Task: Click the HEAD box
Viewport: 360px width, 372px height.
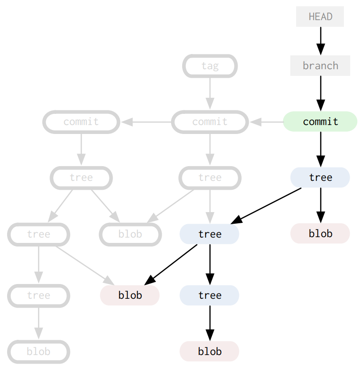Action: (320, 17)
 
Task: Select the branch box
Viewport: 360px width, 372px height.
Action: (320, 66)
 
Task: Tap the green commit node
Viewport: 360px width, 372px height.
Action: (320, 121)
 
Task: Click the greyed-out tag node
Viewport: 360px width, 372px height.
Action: (209, 66)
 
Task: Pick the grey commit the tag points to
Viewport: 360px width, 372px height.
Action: (209, 121)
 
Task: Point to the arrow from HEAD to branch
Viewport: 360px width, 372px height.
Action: (320, 41)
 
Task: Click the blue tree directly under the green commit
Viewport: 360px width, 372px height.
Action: (320, 177)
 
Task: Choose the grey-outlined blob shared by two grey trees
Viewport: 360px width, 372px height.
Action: (130, 234)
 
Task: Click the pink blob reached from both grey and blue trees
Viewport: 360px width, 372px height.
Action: (130, 295)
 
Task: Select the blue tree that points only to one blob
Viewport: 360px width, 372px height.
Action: (209, 295)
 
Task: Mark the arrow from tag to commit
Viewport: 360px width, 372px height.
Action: (209, 93)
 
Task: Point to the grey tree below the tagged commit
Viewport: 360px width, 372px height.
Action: (209, 177)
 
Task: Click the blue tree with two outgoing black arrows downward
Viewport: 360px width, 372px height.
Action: (209, 234)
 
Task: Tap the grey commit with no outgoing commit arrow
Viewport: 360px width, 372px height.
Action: (81, 121)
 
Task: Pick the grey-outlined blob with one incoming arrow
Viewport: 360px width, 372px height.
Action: (38, 351)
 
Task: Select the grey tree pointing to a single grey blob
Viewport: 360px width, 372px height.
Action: (38, 295)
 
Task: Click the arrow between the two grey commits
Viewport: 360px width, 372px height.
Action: (146, 121)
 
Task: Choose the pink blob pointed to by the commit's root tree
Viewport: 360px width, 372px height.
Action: (320, 234)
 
